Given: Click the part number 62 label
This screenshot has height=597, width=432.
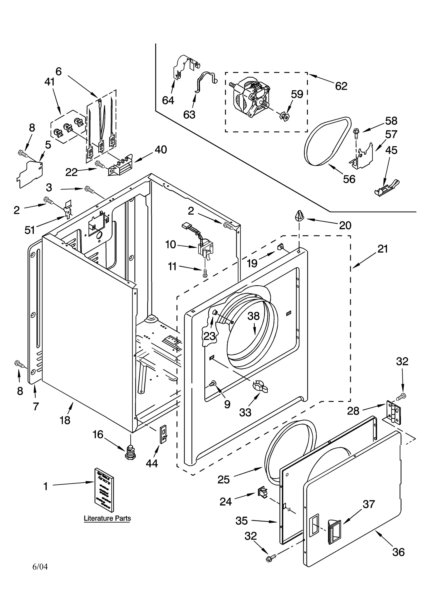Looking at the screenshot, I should [341, 86].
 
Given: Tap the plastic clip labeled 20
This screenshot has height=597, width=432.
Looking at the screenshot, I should [299, 216].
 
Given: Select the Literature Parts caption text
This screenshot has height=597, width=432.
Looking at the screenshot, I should [107, 518].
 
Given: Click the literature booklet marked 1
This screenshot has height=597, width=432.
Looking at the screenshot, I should [104, 491].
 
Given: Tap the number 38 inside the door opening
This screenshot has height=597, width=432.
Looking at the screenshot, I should [254, 316].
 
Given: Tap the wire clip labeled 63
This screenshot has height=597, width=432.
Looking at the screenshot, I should [205, 81].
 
